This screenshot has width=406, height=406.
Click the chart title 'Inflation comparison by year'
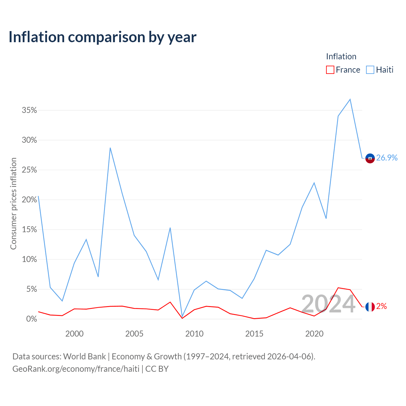pyautogui.click(x=102, y=37)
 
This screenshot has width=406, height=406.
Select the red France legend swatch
pyautogui.click(x=330, y=70)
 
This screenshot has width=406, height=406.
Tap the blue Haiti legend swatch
pyautogui.click(x=370, y=70)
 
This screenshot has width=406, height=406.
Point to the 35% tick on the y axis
pyautogui.click(x=29, y=110)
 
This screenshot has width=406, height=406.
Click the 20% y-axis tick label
pyautogui.click(x=29, y=200)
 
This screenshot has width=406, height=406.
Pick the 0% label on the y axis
pyautogui.click(x=31, y=319)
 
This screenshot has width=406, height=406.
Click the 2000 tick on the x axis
pyautogui.click(x=74, y=334)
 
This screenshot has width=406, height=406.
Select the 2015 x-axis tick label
pyautogui.click(x=254, y=334)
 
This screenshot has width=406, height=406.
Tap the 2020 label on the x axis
pyautogui.click(x=314, y=334)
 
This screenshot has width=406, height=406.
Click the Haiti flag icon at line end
pyautogui.click(x=370, y=158)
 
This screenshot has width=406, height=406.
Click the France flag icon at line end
pyautogui.click(x=370, y=307)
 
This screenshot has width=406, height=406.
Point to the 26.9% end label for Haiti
pyautogui.click(x=387, y=158)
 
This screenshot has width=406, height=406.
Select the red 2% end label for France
pyautogui.click(x=382, y=306)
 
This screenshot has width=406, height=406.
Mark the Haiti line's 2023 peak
pyautogui.click(x=350, y=99)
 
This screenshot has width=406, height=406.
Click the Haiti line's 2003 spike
pyautogui.click(x=110, y=148)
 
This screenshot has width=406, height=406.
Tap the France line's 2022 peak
pyautogui.click(x=338, y=288)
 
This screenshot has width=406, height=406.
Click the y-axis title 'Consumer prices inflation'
pyautogui.click(x=13, y=204)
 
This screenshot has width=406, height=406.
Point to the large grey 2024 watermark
pyautogui.click(x=328, y=304)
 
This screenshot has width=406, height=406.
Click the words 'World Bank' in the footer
pyautogui.click(x=84, y=357)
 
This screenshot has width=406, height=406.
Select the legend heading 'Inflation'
pyautogui.click(x=341, y=56)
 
